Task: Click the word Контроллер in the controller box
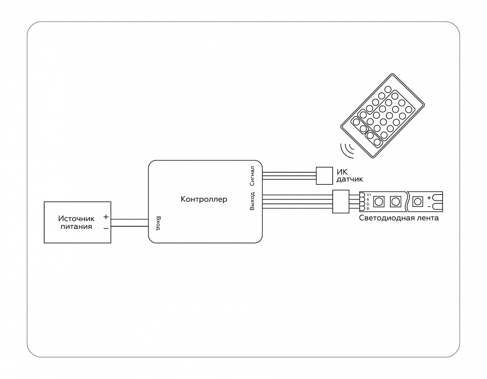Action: pyautogui.click(x=204, y=200)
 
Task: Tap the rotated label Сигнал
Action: pyautogui.click(x=253, y=176)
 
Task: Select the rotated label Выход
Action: pyautogui.click(x=253, y=201)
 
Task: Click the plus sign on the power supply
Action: pyautogui.click(x=106, y=217)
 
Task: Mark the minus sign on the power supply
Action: pyautogui.click(x=106, y=228)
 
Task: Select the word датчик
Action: pyautogui.click(x=350, y=179)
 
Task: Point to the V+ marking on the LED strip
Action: pyautogui.click(x=369, y=195)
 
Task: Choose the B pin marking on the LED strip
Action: pyautogui.click(x=368, y=208)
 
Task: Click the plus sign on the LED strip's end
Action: pyautogui.click(x=429, y=198)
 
